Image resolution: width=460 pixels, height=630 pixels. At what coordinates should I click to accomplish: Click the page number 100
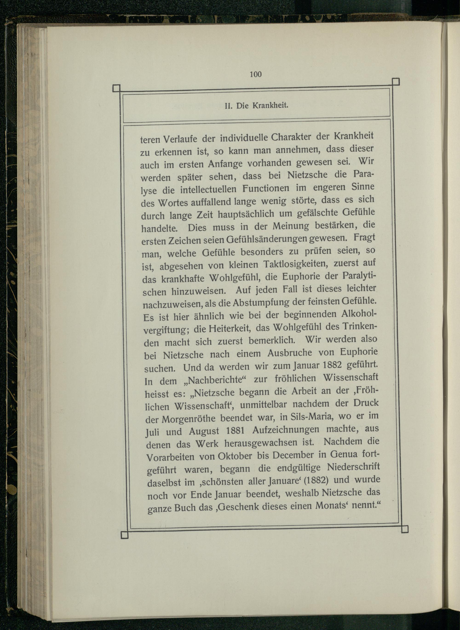coord(256,74)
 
